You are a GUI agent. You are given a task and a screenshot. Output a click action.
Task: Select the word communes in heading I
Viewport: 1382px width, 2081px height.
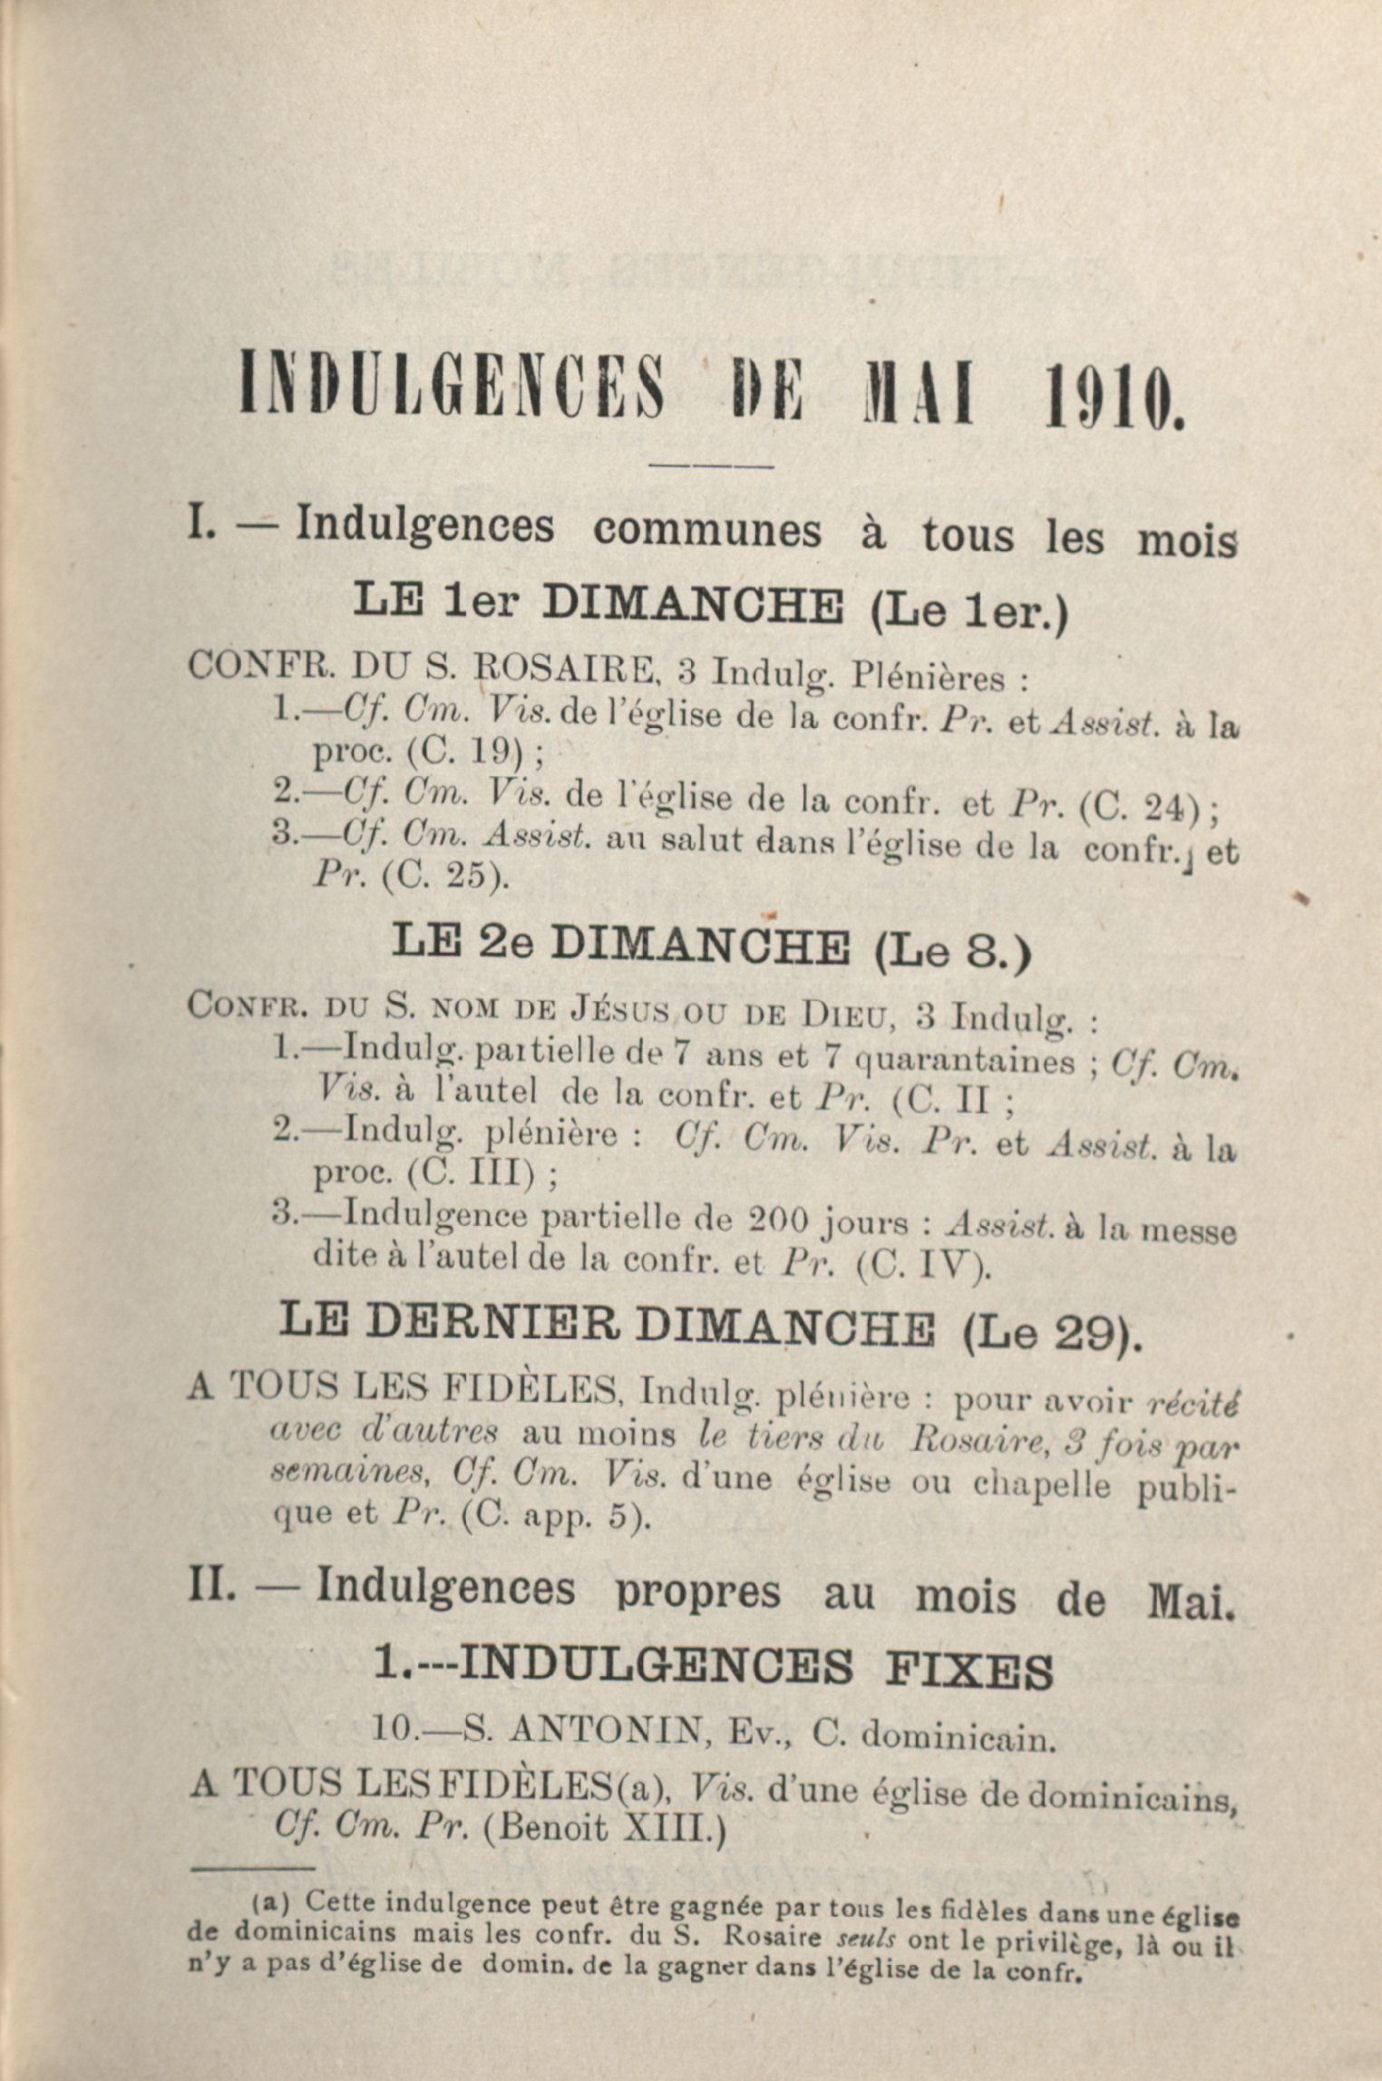[706, 531]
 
